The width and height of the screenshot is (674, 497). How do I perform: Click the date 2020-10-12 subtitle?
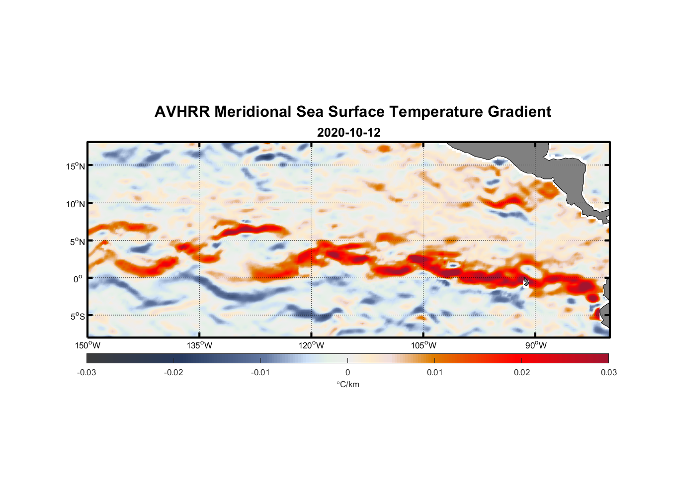[348, 133]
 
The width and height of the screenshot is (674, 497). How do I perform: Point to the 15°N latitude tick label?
[76, 166]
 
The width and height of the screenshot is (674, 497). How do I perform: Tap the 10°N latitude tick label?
[76, 204]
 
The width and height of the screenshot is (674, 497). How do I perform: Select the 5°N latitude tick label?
[78, 242]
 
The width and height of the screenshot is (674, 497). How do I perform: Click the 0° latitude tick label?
[78, 279]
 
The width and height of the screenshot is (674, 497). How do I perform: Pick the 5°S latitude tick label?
[78, 316]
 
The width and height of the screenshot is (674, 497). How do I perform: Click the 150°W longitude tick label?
[88, 345]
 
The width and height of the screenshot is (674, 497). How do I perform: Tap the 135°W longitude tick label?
[200, 345]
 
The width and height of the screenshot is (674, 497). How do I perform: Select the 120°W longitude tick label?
[312, 345]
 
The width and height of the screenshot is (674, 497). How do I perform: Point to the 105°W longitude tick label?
[423, 345]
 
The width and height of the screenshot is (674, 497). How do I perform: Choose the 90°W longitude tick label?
[536, 345]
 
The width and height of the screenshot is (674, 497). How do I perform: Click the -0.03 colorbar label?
[86, 372]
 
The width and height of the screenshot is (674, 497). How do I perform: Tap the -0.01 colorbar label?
[260, 372]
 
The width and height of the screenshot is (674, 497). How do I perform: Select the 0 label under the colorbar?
[347, 372]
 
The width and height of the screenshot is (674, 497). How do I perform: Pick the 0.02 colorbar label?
[522, 372]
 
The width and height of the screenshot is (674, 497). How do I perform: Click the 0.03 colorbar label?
[608, 372]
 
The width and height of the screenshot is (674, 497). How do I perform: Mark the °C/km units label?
[347, 384]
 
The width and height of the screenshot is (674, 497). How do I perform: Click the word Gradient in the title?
[519, 112]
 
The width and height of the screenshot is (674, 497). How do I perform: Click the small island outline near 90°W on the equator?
[526, 281]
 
